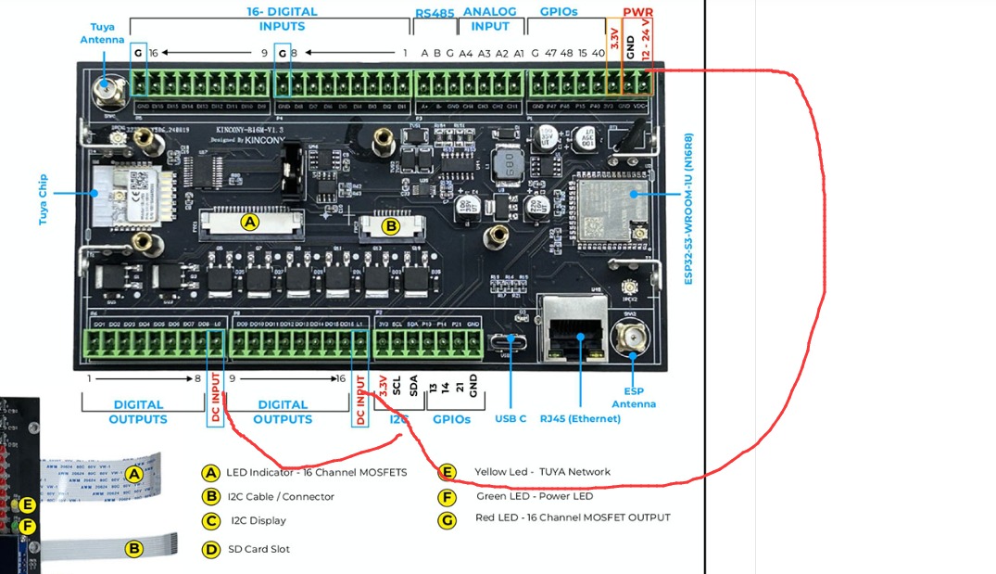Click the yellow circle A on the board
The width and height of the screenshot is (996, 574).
click(x=249, y=222)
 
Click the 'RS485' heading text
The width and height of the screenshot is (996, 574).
click(x=434, y=13)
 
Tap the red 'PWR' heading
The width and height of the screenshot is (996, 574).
click(x=637, y=12)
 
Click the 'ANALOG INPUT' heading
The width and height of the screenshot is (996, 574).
click(x=489, y=19)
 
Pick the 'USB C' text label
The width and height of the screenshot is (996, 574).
click(x=511, y=419)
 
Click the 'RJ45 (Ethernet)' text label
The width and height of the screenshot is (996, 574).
click(x=580, y=419)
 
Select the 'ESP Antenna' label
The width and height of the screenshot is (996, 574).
click(x=634, y=398)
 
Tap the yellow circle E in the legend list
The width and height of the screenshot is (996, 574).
click(x=448, y=472)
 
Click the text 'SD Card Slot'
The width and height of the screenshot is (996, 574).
click(x=258, y=549)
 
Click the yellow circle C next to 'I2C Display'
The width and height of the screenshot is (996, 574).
click(x=211, y=521)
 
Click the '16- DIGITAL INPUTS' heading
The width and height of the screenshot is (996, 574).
click(x=282, y=19)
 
